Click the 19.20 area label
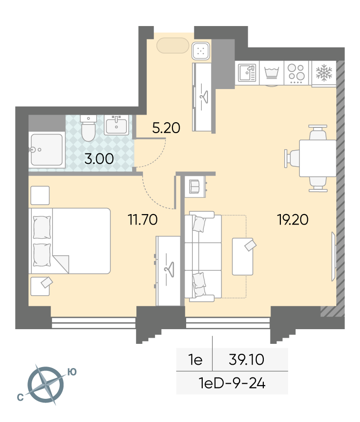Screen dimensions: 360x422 (293, 220)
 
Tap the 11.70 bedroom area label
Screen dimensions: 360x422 (143, 219)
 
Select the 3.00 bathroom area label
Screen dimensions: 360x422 (99, 159)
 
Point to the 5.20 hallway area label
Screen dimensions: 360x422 (166, 128)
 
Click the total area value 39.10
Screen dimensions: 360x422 (246, 359)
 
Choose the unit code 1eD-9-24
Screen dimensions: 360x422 (232, 383)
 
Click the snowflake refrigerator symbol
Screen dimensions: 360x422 (324, 72)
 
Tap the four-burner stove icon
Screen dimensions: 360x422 (296, 73)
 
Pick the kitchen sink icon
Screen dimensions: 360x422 (247, 72)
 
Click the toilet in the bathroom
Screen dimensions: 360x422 (88, 128)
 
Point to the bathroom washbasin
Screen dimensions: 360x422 (117, 125)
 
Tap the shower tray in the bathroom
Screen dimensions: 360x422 (46, 150)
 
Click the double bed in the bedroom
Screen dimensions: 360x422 (70, 241)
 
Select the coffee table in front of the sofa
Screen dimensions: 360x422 (243, 257)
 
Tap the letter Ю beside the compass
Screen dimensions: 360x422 (72, 372)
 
